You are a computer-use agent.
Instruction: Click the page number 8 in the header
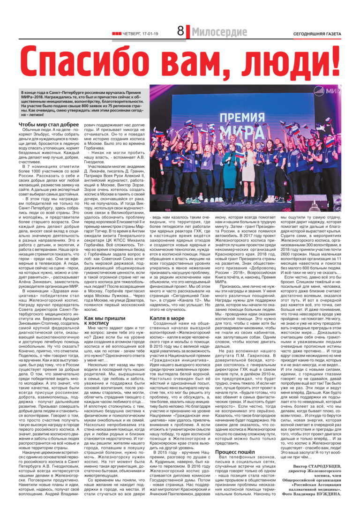pyautogui.click(x=180, y=32)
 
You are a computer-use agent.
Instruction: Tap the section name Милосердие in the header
pyautogui.click(x=219, y=32)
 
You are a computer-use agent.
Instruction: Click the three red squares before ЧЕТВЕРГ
pyautogui.click(x=116, y=33)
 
